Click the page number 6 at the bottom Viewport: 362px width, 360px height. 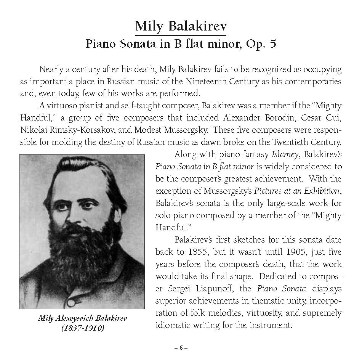point(181,347)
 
